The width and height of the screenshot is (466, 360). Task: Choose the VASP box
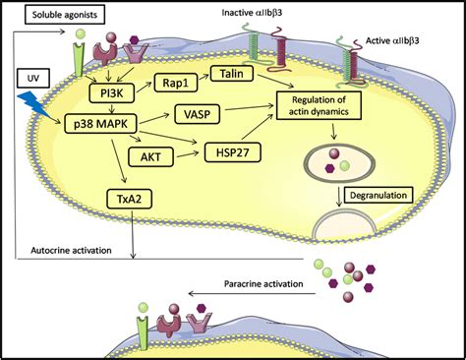click(196, 113)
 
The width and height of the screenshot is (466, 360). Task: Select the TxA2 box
click(125, 201)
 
